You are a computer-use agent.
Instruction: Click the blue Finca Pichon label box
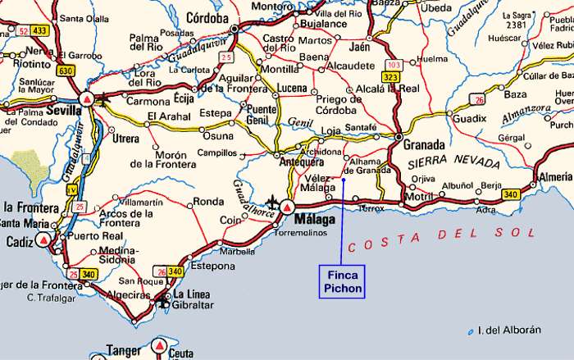pos(342,280)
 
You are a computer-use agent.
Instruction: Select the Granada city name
pos(424,144)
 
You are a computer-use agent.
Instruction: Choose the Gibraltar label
pos(194,305)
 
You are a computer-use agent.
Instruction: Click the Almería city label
pos(556,176)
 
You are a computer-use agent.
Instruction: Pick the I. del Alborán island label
pos(510,330)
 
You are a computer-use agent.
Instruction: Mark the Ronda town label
pos(208,201)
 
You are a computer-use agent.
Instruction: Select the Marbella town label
pos(237,251)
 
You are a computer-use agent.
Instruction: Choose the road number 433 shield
pos(39,30)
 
